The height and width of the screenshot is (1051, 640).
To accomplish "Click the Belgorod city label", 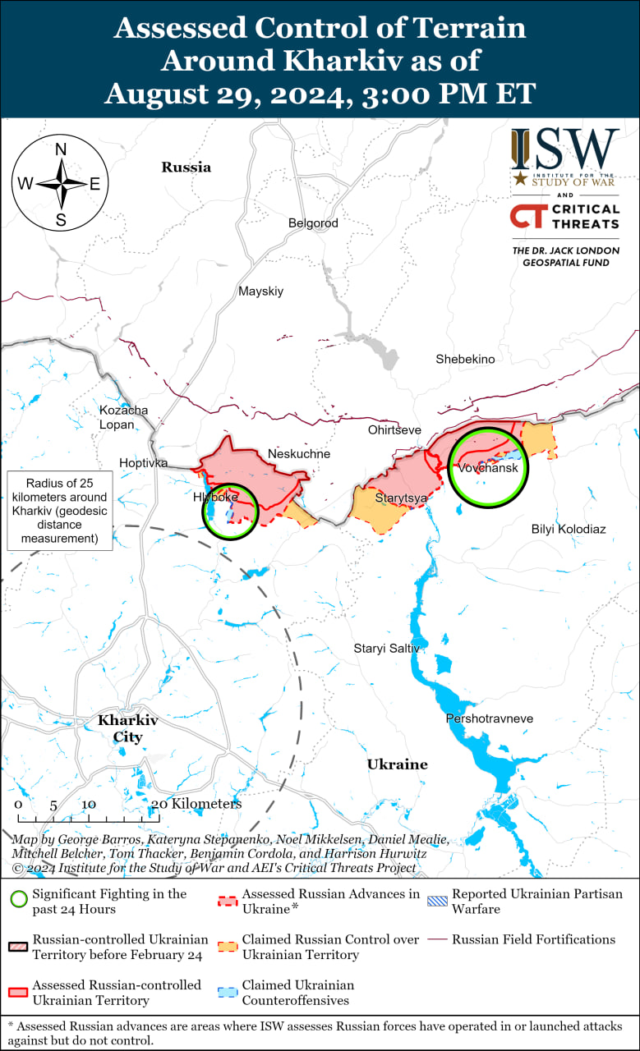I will [x=313, y=223].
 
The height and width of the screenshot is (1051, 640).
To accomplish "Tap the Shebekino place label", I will [x=465, y=360].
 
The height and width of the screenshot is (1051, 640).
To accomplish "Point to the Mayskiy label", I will [x=260, y=291].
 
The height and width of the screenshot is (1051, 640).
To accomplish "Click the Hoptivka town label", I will [x=143, y=463].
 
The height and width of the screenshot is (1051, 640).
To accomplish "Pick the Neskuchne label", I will [x=299, y=454].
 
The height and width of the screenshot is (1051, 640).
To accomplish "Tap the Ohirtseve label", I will [x=394, y=430].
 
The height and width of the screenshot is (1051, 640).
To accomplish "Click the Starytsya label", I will [x=401, y=498].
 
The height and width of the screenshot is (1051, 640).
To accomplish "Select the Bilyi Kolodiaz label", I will [x=569, y=530].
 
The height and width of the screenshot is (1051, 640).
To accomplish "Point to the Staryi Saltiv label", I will [x=386, y=649].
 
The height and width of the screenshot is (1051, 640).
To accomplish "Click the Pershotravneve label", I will [x=489, y=719].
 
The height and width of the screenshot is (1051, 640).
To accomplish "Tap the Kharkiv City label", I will [x=127, y=728].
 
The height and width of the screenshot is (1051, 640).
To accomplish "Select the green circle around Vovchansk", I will [x=489, y=469].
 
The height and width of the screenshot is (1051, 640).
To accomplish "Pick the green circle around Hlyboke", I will [x=231, y=511].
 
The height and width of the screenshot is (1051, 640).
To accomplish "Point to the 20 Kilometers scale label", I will [x=197, y=805].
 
